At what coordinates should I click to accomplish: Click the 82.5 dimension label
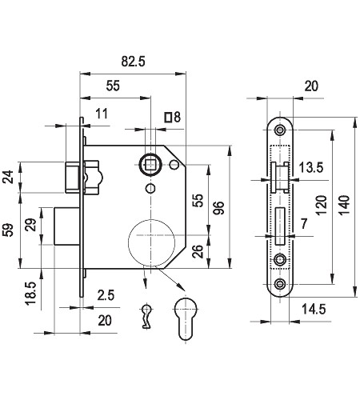click(133, 62)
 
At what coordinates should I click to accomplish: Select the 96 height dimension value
click(219, 208)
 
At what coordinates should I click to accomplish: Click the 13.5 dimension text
click(311, 167)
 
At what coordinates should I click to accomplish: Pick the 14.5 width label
click(314, 310)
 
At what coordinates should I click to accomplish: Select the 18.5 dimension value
click(30, 294)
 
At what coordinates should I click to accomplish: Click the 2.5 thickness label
click(106, 295)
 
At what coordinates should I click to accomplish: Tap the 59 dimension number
click(8, 230)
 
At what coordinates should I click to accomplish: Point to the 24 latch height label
click(8, 177)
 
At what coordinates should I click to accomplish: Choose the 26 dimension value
click(198, 251)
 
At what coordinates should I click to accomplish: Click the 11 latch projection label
click(102, 114)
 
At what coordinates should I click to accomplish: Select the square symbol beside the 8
click(168, 118)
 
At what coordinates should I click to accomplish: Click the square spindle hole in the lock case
click(150, 165)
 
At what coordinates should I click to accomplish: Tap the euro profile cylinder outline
click(186, 319)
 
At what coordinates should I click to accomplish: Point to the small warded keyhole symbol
click(146, 316)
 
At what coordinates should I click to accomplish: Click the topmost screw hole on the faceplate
click(280, 130)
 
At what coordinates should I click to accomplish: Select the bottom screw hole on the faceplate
click(280, 284)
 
